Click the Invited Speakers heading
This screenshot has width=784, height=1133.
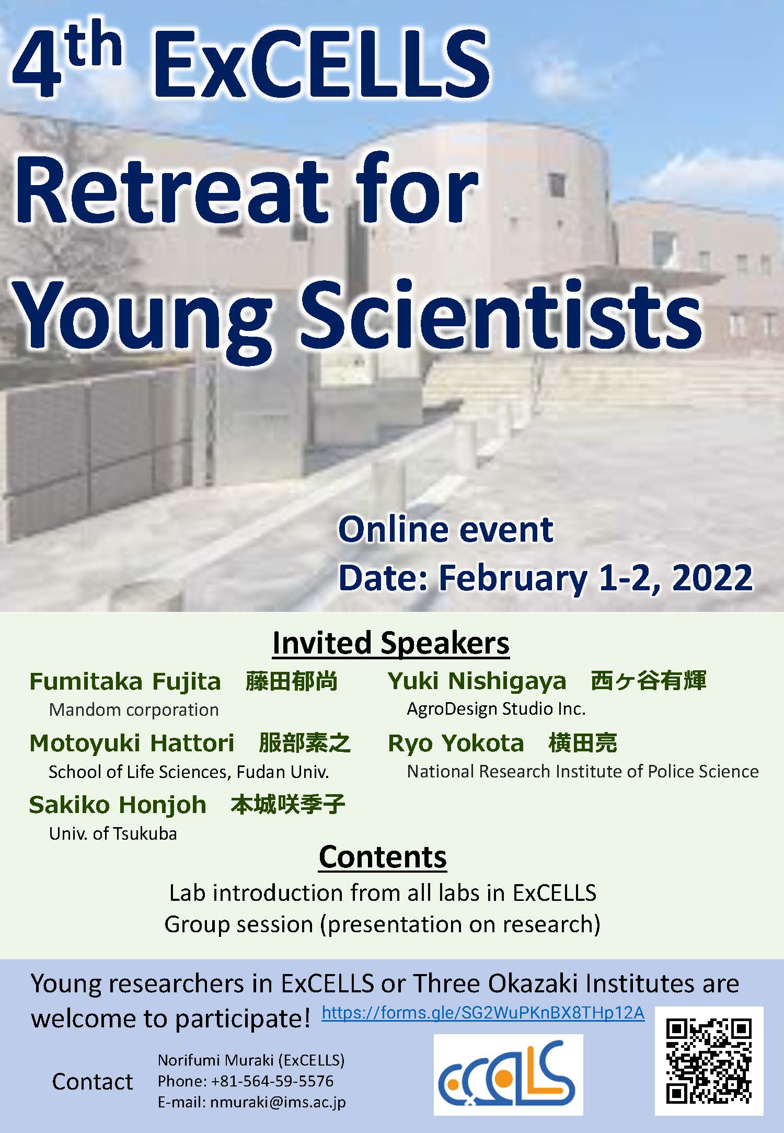click(391, 643)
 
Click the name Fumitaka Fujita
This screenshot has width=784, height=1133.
click(125, 682)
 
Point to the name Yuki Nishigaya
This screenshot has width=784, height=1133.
click(477, 681)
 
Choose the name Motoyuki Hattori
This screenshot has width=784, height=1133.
click(132, 743)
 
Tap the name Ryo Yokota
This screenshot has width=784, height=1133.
click(456, 743)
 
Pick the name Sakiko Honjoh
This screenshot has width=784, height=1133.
click(118, 805)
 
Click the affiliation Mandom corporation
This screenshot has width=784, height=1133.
click(134, 709)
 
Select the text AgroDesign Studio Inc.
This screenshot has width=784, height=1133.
click(497, 708)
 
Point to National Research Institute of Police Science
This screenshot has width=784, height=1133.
click(583, 771)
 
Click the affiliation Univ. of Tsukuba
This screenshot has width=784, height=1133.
click(113, 833)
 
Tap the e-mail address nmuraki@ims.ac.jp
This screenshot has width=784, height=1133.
click(278, 1102)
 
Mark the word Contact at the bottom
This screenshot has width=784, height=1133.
click(93, 1082)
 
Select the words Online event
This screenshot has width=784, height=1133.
click(446, 530)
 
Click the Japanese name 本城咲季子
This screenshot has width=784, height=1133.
click(288, 805)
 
